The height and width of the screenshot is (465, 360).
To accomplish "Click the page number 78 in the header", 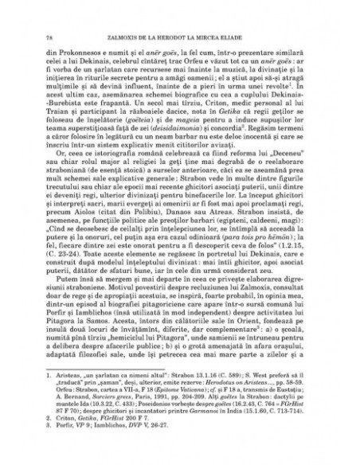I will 50,37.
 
